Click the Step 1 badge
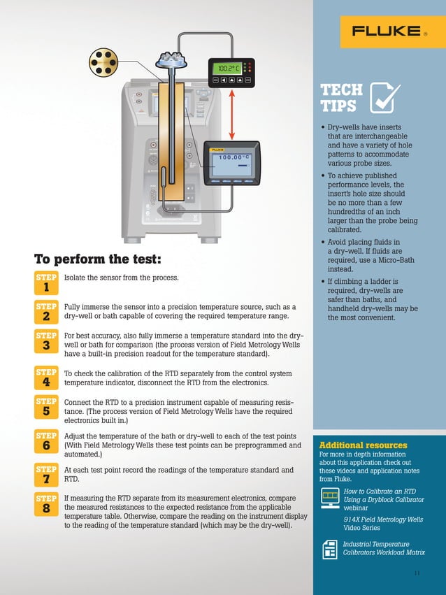pos(46,282)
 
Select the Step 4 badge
pos(46,378)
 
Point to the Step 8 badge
pos(46,504)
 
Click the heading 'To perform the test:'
pos(98,259)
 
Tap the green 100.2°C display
pos(229,69)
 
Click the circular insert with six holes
pos(106,64)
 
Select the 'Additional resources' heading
pos(363,445)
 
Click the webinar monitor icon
pos(329,498)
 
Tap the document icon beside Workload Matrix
pos(329,549)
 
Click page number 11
pos(417,573)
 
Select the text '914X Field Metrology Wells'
pos(382,520)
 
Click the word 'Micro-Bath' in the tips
pos(382,260)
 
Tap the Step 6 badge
pos(46,441)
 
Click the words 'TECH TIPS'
pos(341,98)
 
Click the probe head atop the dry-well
pos(171,57)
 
